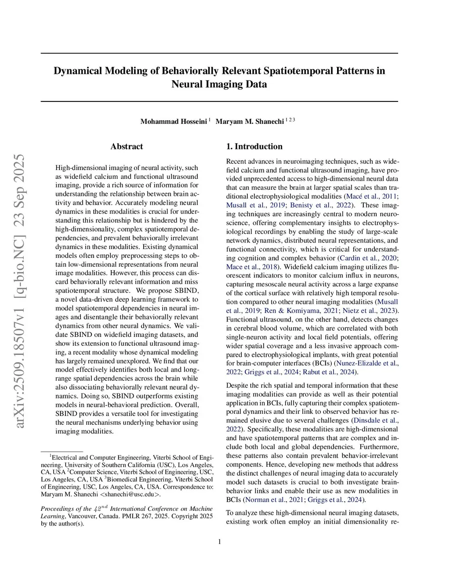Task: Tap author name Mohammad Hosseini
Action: point(174,121)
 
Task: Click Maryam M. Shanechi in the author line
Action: point(250,121)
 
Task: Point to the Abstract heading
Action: point(127,146)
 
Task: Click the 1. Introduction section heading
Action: point(254,146)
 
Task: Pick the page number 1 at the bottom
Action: point(219,542)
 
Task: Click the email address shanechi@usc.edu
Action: point(131,494)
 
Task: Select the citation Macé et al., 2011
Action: point(372,196)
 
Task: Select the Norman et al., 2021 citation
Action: point(274,499)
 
